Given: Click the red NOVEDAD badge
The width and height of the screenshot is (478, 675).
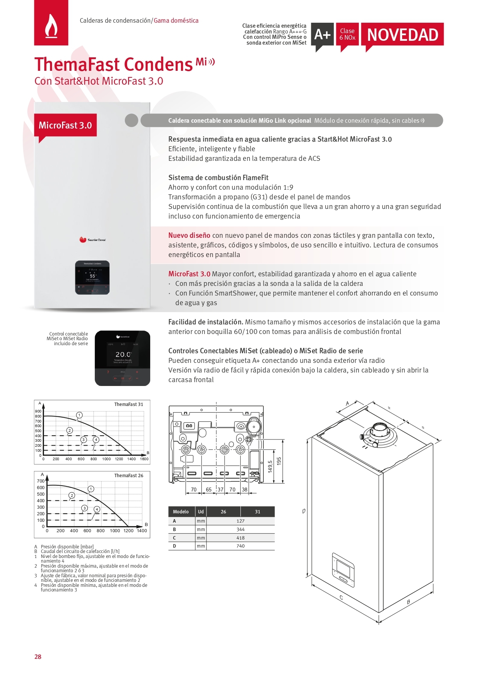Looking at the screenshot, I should [402, 35].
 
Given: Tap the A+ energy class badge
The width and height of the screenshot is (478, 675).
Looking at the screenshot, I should [322, 35].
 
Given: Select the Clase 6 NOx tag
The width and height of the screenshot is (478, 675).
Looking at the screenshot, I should [347, 34].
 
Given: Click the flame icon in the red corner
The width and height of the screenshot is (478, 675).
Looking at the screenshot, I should [51, 26].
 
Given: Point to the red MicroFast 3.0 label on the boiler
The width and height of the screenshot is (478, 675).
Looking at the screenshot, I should [65, 125].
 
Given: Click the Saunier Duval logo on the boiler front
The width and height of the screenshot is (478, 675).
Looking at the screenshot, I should [92, 240].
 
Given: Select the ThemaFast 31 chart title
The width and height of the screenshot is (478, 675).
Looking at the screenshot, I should [129, 404].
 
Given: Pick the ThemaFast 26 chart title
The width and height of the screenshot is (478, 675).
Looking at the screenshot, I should [129, 476].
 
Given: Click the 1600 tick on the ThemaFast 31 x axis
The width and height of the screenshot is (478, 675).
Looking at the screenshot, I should [144, 459].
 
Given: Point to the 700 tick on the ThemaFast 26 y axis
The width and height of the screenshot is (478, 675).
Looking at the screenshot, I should [41, 481].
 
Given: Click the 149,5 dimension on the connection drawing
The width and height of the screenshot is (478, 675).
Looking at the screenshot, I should [270, 466].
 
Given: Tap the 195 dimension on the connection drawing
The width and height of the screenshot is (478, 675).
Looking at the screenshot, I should [279, 461].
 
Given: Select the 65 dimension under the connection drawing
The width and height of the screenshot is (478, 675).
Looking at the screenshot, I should [209, 490].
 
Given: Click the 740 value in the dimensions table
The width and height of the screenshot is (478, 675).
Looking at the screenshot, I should [241, 546].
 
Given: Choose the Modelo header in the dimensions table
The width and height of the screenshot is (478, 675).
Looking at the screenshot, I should [181, 512].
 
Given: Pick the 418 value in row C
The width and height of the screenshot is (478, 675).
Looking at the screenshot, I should [241, 538].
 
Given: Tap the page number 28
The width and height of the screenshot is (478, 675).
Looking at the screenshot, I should [38, 657].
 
